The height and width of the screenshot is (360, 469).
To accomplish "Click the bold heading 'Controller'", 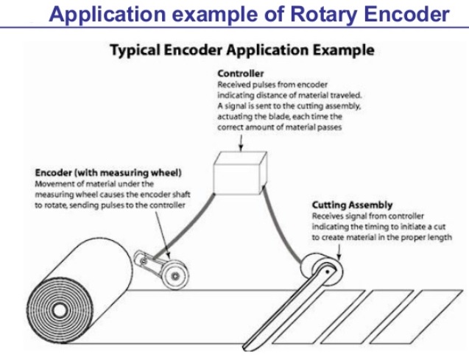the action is [241, 74].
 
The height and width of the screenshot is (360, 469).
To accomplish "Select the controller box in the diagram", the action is [240, 173].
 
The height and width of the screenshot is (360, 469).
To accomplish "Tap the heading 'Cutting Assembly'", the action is [352, 205].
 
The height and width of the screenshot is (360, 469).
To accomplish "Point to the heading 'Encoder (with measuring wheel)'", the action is [108, 173].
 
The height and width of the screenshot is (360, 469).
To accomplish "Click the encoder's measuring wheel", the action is [175, 275].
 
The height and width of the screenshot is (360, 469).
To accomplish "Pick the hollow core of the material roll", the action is [59, 311].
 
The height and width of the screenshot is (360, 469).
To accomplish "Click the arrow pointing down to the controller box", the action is [241, 143].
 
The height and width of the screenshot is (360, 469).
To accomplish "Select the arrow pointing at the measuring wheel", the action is [163, 235].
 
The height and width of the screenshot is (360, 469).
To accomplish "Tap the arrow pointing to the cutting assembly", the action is [339, 252].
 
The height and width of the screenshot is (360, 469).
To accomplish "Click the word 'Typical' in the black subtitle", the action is [135, 50].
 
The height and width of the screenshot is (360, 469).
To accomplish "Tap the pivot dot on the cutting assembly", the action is [328, 272].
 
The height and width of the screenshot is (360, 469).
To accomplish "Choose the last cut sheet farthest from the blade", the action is [417, 317].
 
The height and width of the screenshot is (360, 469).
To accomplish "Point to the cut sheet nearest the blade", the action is [319, 317].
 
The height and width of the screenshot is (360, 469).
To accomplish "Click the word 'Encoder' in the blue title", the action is [407, 14].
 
